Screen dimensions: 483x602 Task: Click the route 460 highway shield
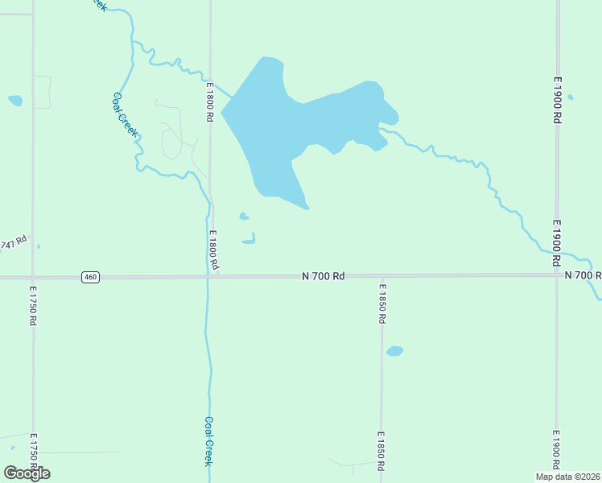click(x=90, y=277)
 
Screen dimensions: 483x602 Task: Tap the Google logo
click(x=27, y=473)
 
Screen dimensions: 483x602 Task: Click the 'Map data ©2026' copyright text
click(x=568, y=476)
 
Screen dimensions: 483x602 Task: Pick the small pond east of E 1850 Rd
click(x=394, y=351)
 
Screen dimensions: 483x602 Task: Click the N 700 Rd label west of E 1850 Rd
click(x=324, y=276)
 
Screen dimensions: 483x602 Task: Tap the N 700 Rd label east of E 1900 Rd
click(x=583, y=275)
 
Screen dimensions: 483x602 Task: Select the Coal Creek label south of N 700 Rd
click(x=208, y=440)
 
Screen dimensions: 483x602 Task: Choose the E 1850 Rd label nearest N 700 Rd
click(x=382, y=303)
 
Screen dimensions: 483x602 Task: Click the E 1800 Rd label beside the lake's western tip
click(x=208, y=102)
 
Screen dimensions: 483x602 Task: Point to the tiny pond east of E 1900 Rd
click(x=570, y=97)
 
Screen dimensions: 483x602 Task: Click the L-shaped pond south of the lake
click(x=249, y=239)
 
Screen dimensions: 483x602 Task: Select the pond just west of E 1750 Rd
click(x=15, y=101)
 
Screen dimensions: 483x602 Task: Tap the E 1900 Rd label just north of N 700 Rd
click(x=556, y=243)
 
